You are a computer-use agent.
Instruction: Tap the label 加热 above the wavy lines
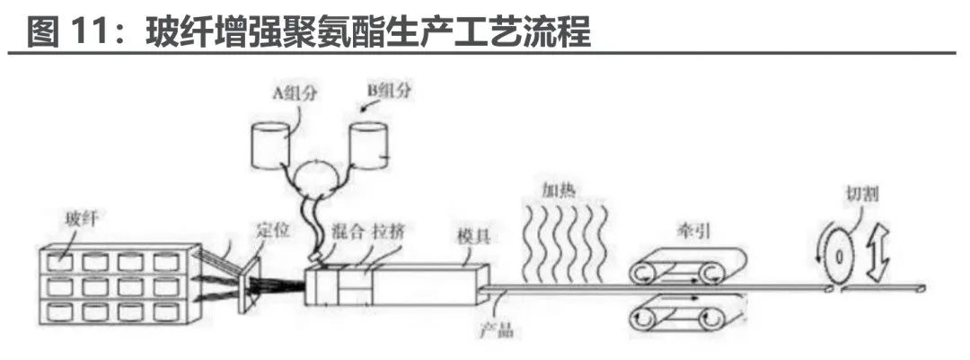point(558,190)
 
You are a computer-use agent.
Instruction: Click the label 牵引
point(689,230)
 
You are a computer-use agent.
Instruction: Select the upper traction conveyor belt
point(687,267)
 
